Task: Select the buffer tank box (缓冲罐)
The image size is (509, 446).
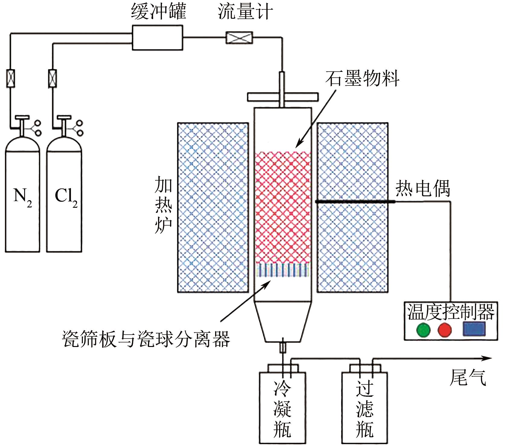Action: coord(157,37)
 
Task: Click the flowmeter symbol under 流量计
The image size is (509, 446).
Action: coord(239,38)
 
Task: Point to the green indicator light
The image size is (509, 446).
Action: coord(423,330)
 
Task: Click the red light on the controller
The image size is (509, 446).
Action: coord(445,330)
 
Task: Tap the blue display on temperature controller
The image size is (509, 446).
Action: coord(474,329)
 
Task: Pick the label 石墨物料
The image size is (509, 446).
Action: coord(362,79)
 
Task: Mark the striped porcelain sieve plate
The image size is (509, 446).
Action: coord(283,270)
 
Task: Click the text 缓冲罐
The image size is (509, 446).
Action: coord(159,12)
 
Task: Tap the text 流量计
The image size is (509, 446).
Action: coord(245,12)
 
